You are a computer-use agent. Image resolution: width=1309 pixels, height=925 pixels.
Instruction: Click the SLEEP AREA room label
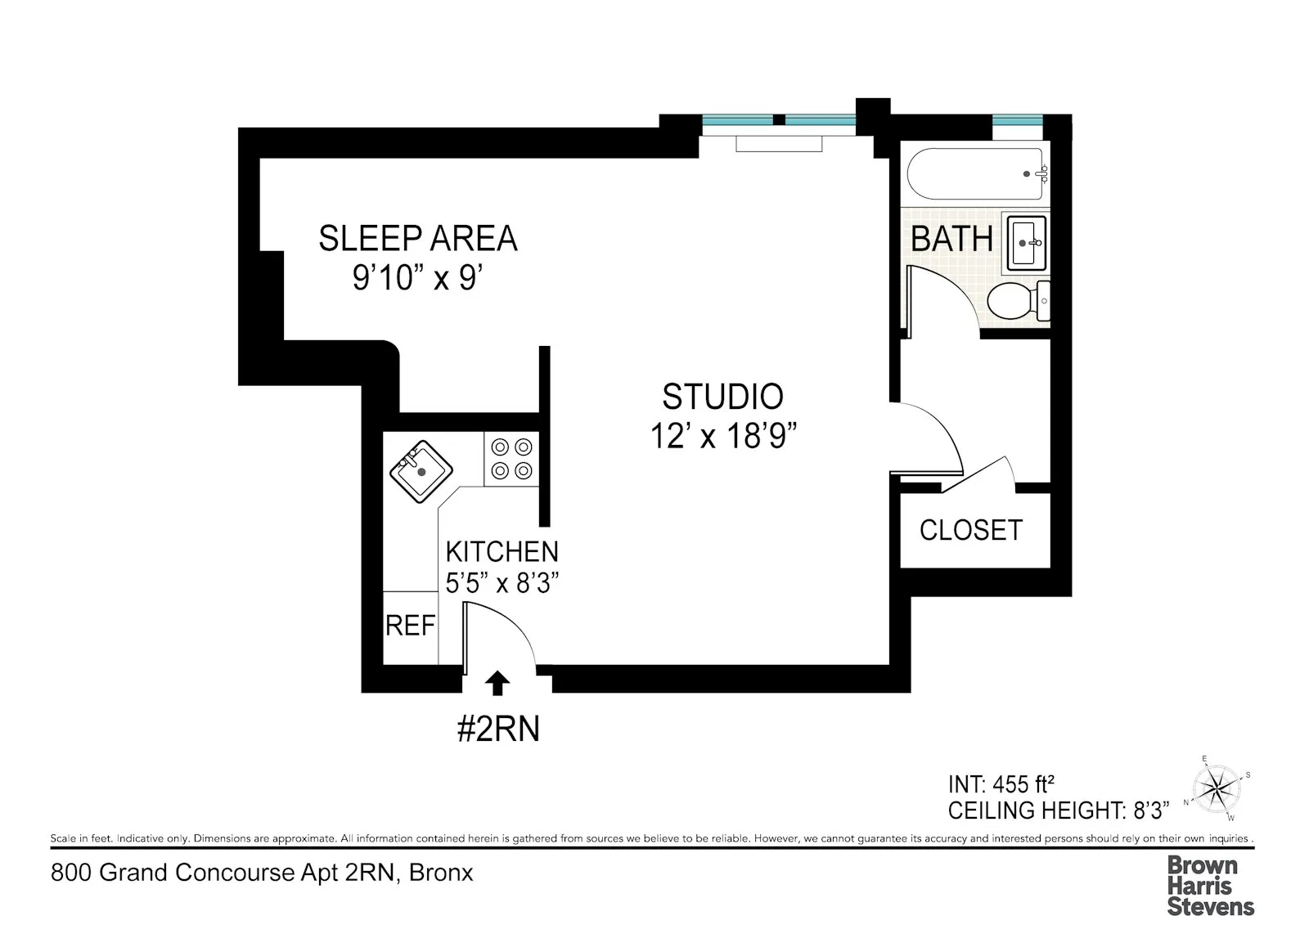[x=418, y=238]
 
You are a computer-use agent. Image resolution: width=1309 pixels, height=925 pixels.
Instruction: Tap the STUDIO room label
[x=722, y=397]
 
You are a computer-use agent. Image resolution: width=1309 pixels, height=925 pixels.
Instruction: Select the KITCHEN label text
[x=502, y=551]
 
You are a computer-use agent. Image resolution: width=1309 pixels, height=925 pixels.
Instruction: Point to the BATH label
[x=951, y=239]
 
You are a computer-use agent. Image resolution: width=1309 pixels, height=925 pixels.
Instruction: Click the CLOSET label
[x=971, y=530]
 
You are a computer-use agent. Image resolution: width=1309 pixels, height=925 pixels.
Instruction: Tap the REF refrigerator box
[x=410, y=626]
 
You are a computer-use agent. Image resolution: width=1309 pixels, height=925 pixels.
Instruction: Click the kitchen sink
[x=421, y=471]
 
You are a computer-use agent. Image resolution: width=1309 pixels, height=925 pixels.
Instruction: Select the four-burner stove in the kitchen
[x=511, y=459]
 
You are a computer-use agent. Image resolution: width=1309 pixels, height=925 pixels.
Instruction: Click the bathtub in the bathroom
[x=975, y=173]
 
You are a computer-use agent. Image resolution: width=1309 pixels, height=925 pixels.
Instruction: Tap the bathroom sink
[x=1026, y=242]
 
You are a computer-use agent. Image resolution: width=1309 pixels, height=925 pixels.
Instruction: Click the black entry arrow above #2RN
[x=497, y=683]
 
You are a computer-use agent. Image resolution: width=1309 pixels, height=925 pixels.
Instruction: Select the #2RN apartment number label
[x=498, y=729]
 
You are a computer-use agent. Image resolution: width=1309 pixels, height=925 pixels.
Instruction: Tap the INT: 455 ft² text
[x=1001, y=785]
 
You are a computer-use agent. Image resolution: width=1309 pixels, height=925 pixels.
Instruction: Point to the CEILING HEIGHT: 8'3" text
[x=1058, y=811]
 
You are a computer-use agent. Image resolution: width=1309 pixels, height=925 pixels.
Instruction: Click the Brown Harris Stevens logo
[x=1210, y=885]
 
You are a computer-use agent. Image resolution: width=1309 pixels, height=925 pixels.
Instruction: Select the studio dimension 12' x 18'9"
[x=723, y=437]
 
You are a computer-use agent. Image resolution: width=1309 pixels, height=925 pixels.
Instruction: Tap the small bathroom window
[x=1018, y=121]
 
